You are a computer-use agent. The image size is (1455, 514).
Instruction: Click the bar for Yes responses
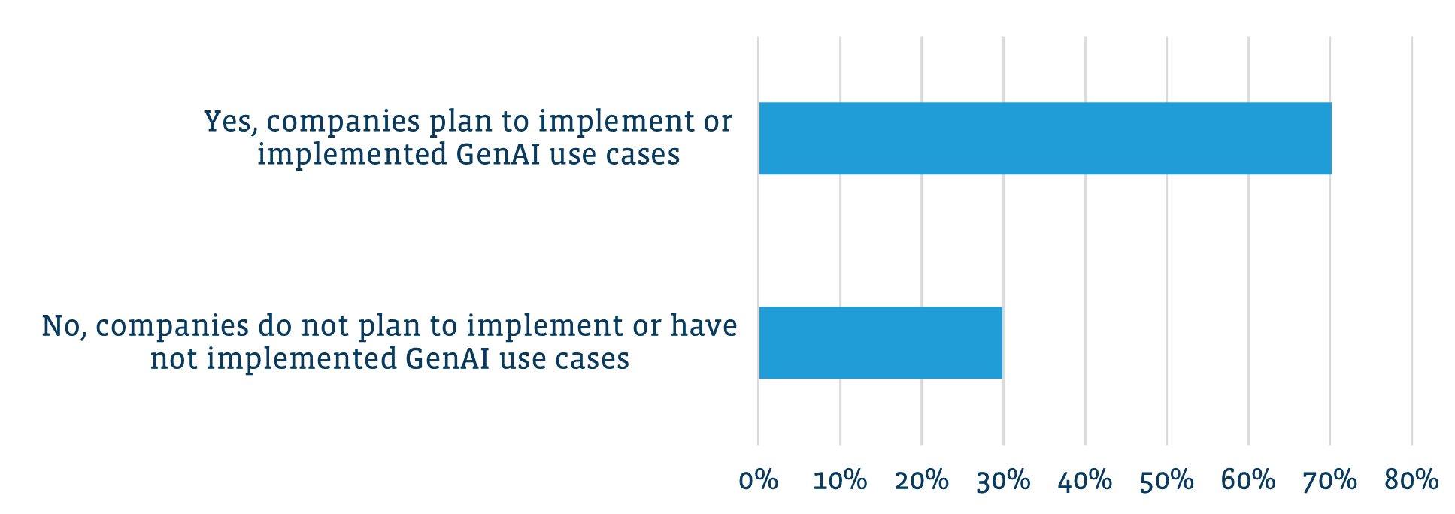(x=1045, y=138)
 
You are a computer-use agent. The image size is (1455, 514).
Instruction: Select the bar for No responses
(x=881, y=343)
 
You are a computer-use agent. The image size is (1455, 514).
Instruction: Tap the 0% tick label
(x=759, y=481)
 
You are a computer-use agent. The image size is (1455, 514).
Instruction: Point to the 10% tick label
(x=840, y=481)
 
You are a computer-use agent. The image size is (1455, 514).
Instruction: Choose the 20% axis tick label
(x=922, y=481)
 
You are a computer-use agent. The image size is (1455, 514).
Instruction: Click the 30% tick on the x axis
(x=1003, y=481)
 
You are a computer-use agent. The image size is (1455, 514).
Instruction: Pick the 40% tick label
(x=1085, y=481)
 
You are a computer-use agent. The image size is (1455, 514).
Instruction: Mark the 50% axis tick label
(x=1166, y=481)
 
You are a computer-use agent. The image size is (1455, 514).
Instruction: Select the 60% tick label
(x=1248, y=481)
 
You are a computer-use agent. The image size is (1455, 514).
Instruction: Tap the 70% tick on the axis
(x=1329, y=481)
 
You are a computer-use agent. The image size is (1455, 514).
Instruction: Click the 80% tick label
(x=1411, y=481)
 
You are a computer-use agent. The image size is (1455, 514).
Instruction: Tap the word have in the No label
(x=704, y=325)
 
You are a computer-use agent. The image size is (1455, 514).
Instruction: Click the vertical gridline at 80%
(x=1411, y=240)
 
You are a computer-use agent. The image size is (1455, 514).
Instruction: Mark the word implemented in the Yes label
(x=352, y=154)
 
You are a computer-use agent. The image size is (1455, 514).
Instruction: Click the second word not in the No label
(x=174, y=359)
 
